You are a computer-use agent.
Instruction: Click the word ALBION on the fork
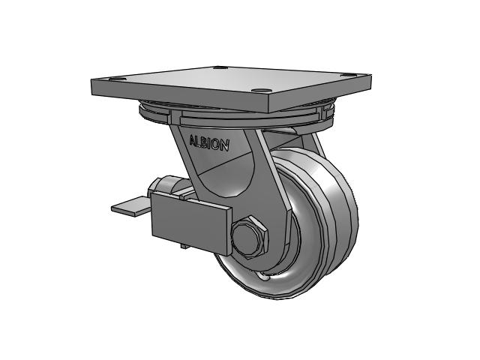[209, 143]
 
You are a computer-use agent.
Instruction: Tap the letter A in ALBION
[193, 140]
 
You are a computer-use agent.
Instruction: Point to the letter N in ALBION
[225, 146]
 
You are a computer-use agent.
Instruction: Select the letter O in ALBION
[216, 145]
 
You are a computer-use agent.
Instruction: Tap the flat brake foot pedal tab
[131, 206]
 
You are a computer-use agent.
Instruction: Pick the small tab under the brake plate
[184, 246]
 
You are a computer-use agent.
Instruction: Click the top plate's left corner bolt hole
[118, 79]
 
